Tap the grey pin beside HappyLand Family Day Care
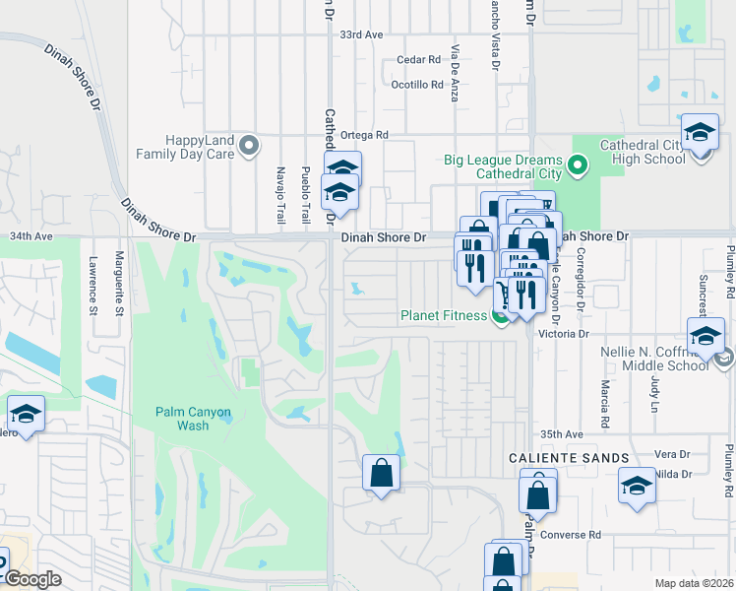click(249, 147)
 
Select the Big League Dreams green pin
click(579, 166)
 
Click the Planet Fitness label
click(443, 315)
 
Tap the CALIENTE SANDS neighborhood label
click(569, 458)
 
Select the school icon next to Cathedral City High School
click(699, 133)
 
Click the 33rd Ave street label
click(361, 34)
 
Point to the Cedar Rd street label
click(418, 60)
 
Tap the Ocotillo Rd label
click(417, 85)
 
